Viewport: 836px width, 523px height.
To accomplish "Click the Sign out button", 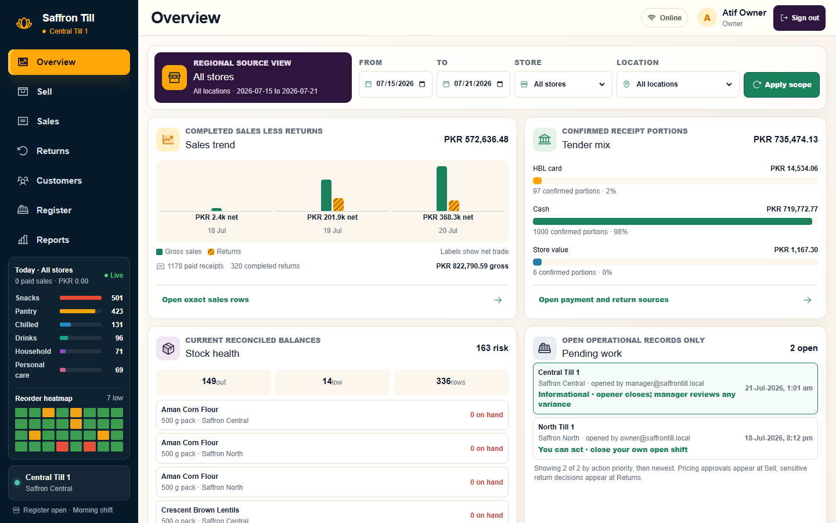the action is coord(799,18).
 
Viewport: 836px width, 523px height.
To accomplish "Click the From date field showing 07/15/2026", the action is coord(395,84).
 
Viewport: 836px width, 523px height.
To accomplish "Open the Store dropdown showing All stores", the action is coord(563,84).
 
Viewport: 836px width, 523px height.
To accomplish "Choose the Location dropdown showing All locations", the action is coord(678,84).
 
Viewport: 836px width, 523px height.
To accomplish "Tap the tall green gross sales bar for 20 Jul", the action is coord(441,189).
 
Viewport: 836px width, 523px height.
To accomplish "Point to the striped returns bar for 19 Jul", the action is coord(338,205).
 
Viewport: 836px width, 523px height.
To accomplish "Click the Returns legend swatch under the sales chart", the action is coord(211,252).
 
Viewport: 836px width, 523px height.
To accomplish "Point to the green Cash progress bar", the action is coord(672,221).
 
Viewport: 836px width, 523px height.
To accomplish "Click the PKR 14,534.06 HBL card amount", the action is coord(794,169).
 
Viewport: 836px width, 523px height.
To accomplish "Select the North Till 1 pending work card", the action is coord(675,438).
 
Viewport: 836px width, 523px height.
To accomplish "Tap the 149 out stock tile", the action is coord(214,382).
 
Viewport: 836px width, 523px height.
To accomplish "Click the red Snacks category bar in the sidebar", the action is coord(81,298).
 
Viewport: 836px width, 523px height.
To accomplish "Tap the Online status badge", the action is coord(664,18).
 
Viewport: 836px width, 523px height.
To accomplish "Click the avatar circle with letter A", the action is coord(707,18).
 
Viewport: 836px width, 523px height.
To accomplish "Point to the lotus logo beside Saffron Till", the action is coord(24,23).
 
